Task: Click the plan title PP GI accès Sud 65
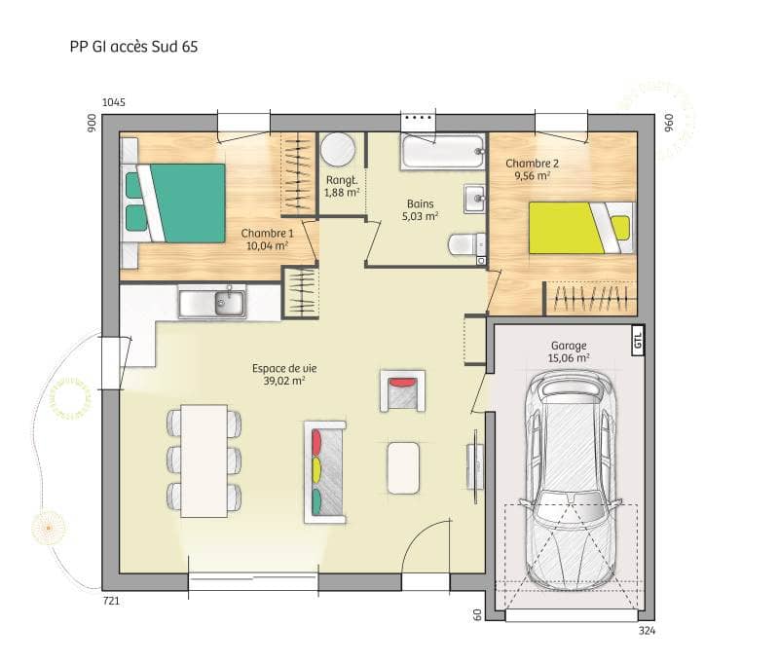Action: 133,46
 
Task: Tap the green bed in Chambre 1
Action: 175,203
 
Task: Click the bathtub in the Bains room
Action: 442,152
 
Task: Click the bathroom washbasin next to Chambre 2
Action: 474,199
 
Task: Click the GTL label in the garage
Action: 638,341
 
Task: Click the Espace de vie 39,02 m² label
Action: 278,375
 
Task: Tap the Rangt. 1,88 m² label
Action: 341,186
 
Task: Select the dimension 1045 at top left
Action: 114,102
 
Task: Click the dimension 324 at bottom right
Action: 648,631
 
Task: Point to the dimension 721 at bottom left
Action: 111,602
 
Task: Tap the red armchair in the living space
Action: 401,391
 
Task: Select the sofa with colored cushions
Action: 325,471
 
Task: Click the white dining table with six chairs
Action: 204,460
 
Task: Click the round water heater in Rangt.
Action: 338,152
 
